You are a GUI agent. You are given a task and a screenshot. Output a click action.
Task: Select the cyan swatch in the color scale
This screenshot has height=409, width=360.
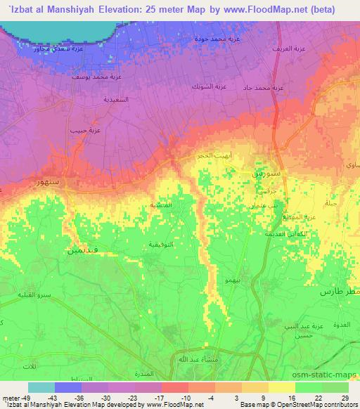click(41, 387)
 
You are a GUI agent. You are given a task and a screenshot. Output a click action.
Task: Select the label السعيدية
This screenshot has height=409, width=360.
click(115, 100)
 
